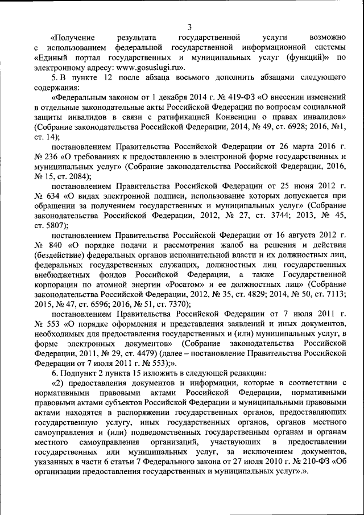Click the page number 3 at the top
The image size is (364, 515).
[189, 26]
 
